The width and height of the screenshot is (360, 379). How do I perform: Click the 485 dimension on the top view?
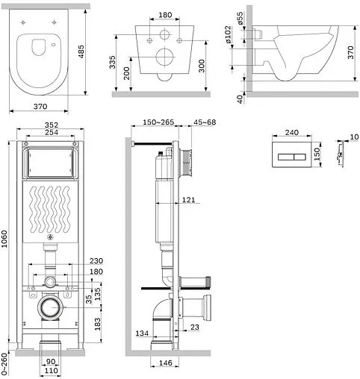point(81,51)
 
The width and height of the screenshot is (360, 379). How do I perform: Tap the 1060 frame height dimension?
point(4,239)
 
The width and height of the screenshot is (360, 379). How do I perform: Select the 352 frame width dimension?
point(52,125)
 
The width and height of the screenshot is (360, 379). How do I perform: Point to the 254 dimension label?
point(52,132)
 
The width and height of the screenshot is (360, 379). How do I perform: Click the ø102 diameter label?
point(228,34)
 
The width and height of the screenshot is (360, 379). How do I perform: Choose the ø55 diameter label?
point(240,18)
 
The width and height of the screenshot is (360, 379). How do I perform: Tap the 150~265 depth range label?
point(158,122)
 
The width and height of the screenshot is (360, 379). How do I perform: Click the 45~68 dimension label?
point(205,122)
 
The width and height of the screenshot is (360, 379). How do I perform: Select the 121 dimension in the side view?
point(188,200)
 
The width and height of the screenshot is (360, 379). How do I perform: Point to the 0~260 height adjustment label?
point(4,364)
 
